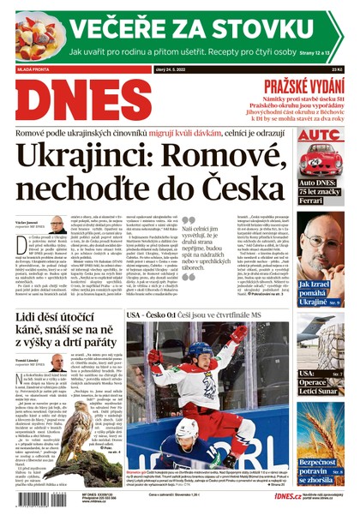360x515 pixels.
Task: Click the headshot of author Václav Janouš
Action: (57, 225)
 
